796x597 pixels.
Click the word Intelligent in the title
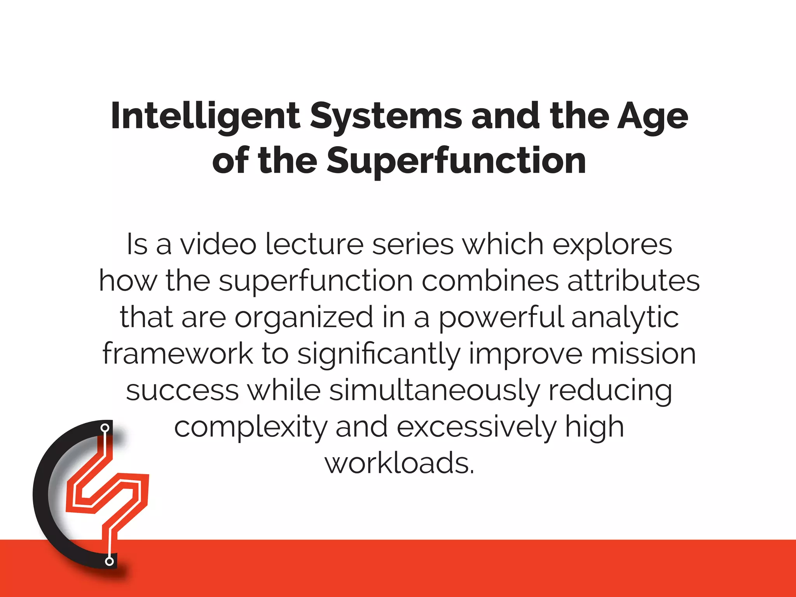click(x=205, y=117)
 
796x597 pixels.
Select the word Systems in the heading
click(x=386, y=117)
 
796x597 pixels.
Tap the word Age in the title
click(x=653, y=117)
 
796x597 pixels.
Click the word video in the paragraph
click(x=218, y=244)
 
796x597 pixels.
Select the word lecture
click(x=314, y=244)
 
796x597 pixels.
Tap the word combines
click(x=490, y=281)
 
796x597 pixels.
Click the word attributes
click(x=634, y=281)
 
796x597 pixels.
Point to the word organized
click(x=304, y=317)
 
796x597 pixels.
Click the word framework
click(x=178, y=354)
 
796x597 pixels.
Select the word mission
click(x=643, y=354)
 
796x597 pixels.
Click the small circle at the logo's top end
click(x=105, y=428)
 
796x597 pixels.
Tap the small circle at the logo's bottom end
click(x=110, y=561)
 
